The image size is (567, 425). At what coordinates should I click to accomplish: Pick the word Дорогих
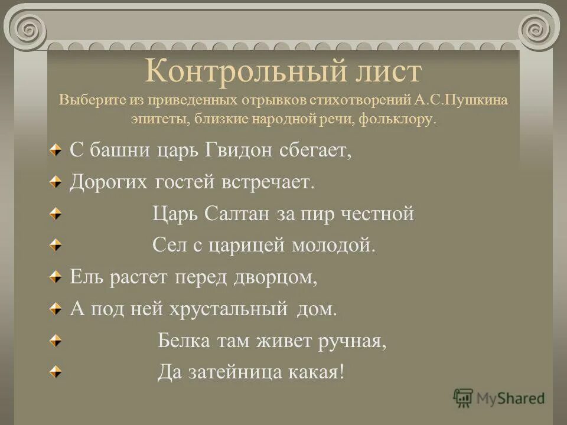point(110,182)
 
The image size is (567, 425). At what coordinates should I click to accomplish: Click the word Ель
point(86,277)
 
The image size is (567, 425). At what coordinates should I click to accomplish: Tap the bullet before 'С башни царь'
point(55,151)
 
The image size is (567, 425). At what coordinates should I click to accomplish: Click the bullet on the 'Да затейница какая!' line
point(55,372)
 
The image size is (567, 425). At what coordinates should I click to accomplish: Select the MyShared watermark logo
point(499,398)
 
